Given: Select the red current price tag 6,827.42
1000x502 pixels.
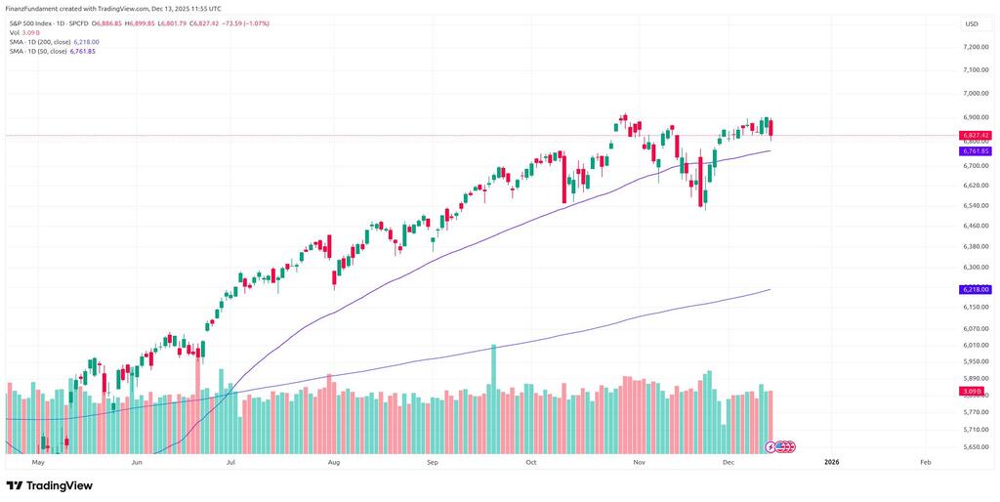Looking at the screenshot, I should (976, 135).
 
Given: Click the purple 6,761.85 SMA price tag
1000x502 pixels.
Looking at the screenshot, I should (976, 151).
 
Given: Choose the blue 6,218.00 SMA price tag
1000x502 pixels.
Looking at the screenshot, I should (976, 290).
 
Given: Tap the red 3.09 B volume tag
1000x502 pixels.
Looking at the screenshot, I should (972, 392).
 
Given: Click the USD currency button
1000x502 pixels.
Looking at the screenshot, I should (972, 23).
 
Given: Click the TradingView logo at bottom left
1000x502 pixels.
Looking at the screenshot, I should (50, 485).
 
